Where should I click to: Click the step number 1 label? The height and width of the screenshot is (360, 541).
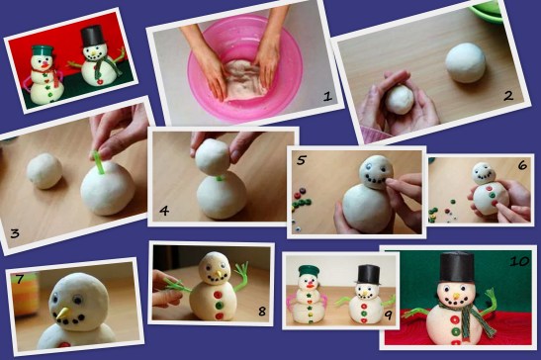click(327, 96)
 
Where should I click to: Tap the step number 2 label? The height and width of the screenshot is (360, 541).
click(508, 96)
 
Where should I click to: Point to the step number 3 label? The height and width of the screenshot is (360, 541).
click(15, 233)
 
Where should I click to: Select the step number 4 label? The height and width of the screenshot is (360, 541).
click(164, 211)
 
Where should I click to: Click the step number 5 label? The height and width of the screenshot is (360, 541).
click(302, 160)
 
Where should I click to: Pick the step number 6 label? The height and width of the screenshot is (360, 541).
click(522, 165)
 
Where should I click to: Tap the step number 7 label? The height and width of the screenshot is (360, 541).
click(20, 279)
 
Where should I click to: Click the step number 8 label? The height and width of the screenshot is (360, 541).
click(262, 312)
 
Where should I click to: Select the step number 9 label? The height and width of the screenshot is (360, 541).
click(389, 315)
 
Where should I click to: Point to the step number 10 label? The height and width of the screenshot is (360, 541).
click(519, 261)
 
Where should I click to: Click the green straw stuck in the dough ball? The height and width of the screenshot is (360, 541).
click(99, 162)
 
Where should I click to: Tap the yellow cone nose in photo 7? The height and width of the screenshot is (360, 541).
click(62, 313)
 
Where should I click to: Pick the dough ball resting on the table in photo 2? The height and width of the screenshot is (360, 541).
click(465, 63)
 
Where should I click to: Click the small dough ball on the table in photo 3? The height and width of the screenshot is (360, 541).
click(45, 171)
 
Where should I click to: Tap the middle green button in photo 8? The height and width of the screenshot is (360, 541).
click(218, 306)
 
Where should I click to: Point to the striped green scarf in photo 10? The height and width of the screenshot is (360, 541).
click(473, 315)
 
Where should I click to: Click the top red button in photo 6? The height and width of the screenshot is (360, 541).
click(489, 189)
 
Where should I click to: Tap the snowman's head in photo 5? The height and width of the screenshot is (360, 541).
click(376, 171)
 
